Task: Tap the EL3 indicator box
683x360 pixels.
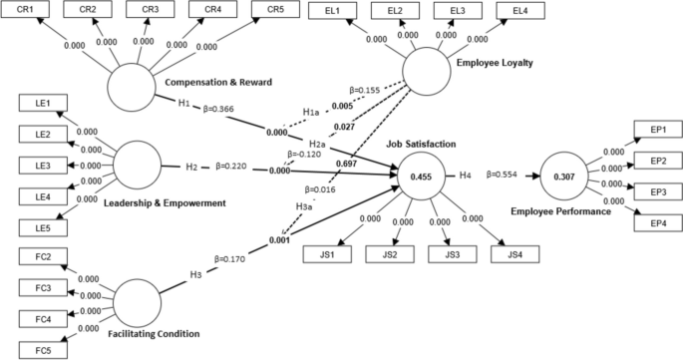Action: pyautogui.click(x=457, y=10)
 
